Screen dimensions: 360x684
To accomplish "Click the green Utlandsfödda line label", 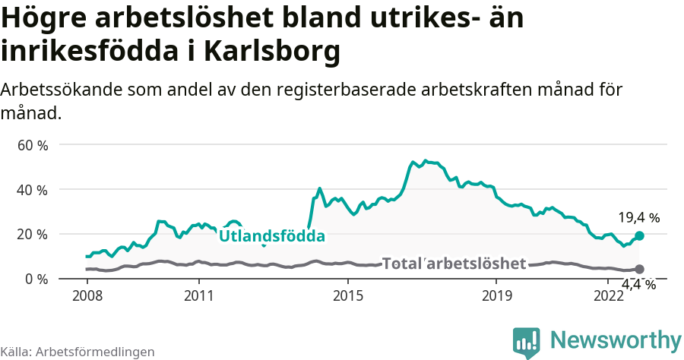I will pyautogui.click(x=272, y=236).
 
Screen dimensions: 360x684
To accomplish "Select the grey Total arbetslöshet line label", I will pyautogui.click(x=454, y=264).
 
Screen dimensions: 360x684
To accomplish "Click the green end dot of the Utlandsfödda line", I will pyautogui.click(x=639, y=235).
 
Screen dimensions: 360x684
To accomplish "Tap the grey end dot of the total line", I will pyautogui.click(x=639, y=269).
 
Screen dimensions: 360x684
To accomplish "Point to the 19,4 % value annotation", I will pyautogui.click(x=638, y=218).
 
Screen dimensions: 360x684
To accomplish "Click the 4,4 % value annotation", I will pyautogui.click(x=638, y=284).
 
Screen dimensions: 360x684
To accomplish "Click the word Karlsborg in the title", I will pyautogui.click(x=272, y=52).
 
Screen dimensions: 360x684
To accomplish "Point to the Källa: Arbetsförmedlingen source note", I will pyautogui.click(x=78, y=352).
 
